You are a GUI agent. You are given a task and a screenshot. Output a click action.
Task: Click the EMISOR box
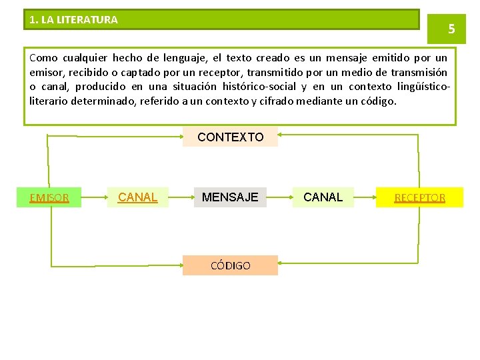(x=49, y=197)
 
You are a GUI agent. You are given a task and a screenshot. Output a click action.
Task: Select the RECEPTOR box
(x=419, y=197)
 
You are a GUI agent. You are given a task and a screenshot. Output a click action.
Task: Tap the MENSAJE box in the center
(x=230, y=197)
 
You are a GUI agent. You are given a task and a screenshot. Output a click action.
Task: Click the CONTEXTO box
(x=230, y=137)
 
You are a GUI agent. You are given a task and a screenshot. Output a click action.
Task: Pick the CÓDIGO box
(x=230, y=265)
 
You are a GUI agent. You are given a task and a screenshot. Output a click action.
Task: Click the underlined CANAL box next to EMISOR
(x=137, y=197)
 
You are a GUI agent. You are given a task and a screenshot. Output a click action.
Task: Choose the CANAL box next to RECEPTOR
(x=323, y=197)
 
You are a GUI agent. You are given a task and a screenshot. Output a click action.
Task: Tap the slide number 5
(x=451, y=29)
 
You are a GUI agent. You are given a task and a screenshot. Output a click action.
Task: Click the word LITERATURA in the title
(x=87, y=20)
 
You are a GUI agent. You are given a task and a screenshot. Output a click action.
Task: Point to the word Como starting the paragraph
(x=44, y=58)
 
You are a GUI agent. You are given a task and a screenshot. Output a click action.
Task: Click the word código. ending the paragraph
(x=377, y=102)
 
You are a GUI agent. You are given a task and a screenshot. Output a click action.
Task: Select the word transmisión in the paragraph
(x=419, y=73)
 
